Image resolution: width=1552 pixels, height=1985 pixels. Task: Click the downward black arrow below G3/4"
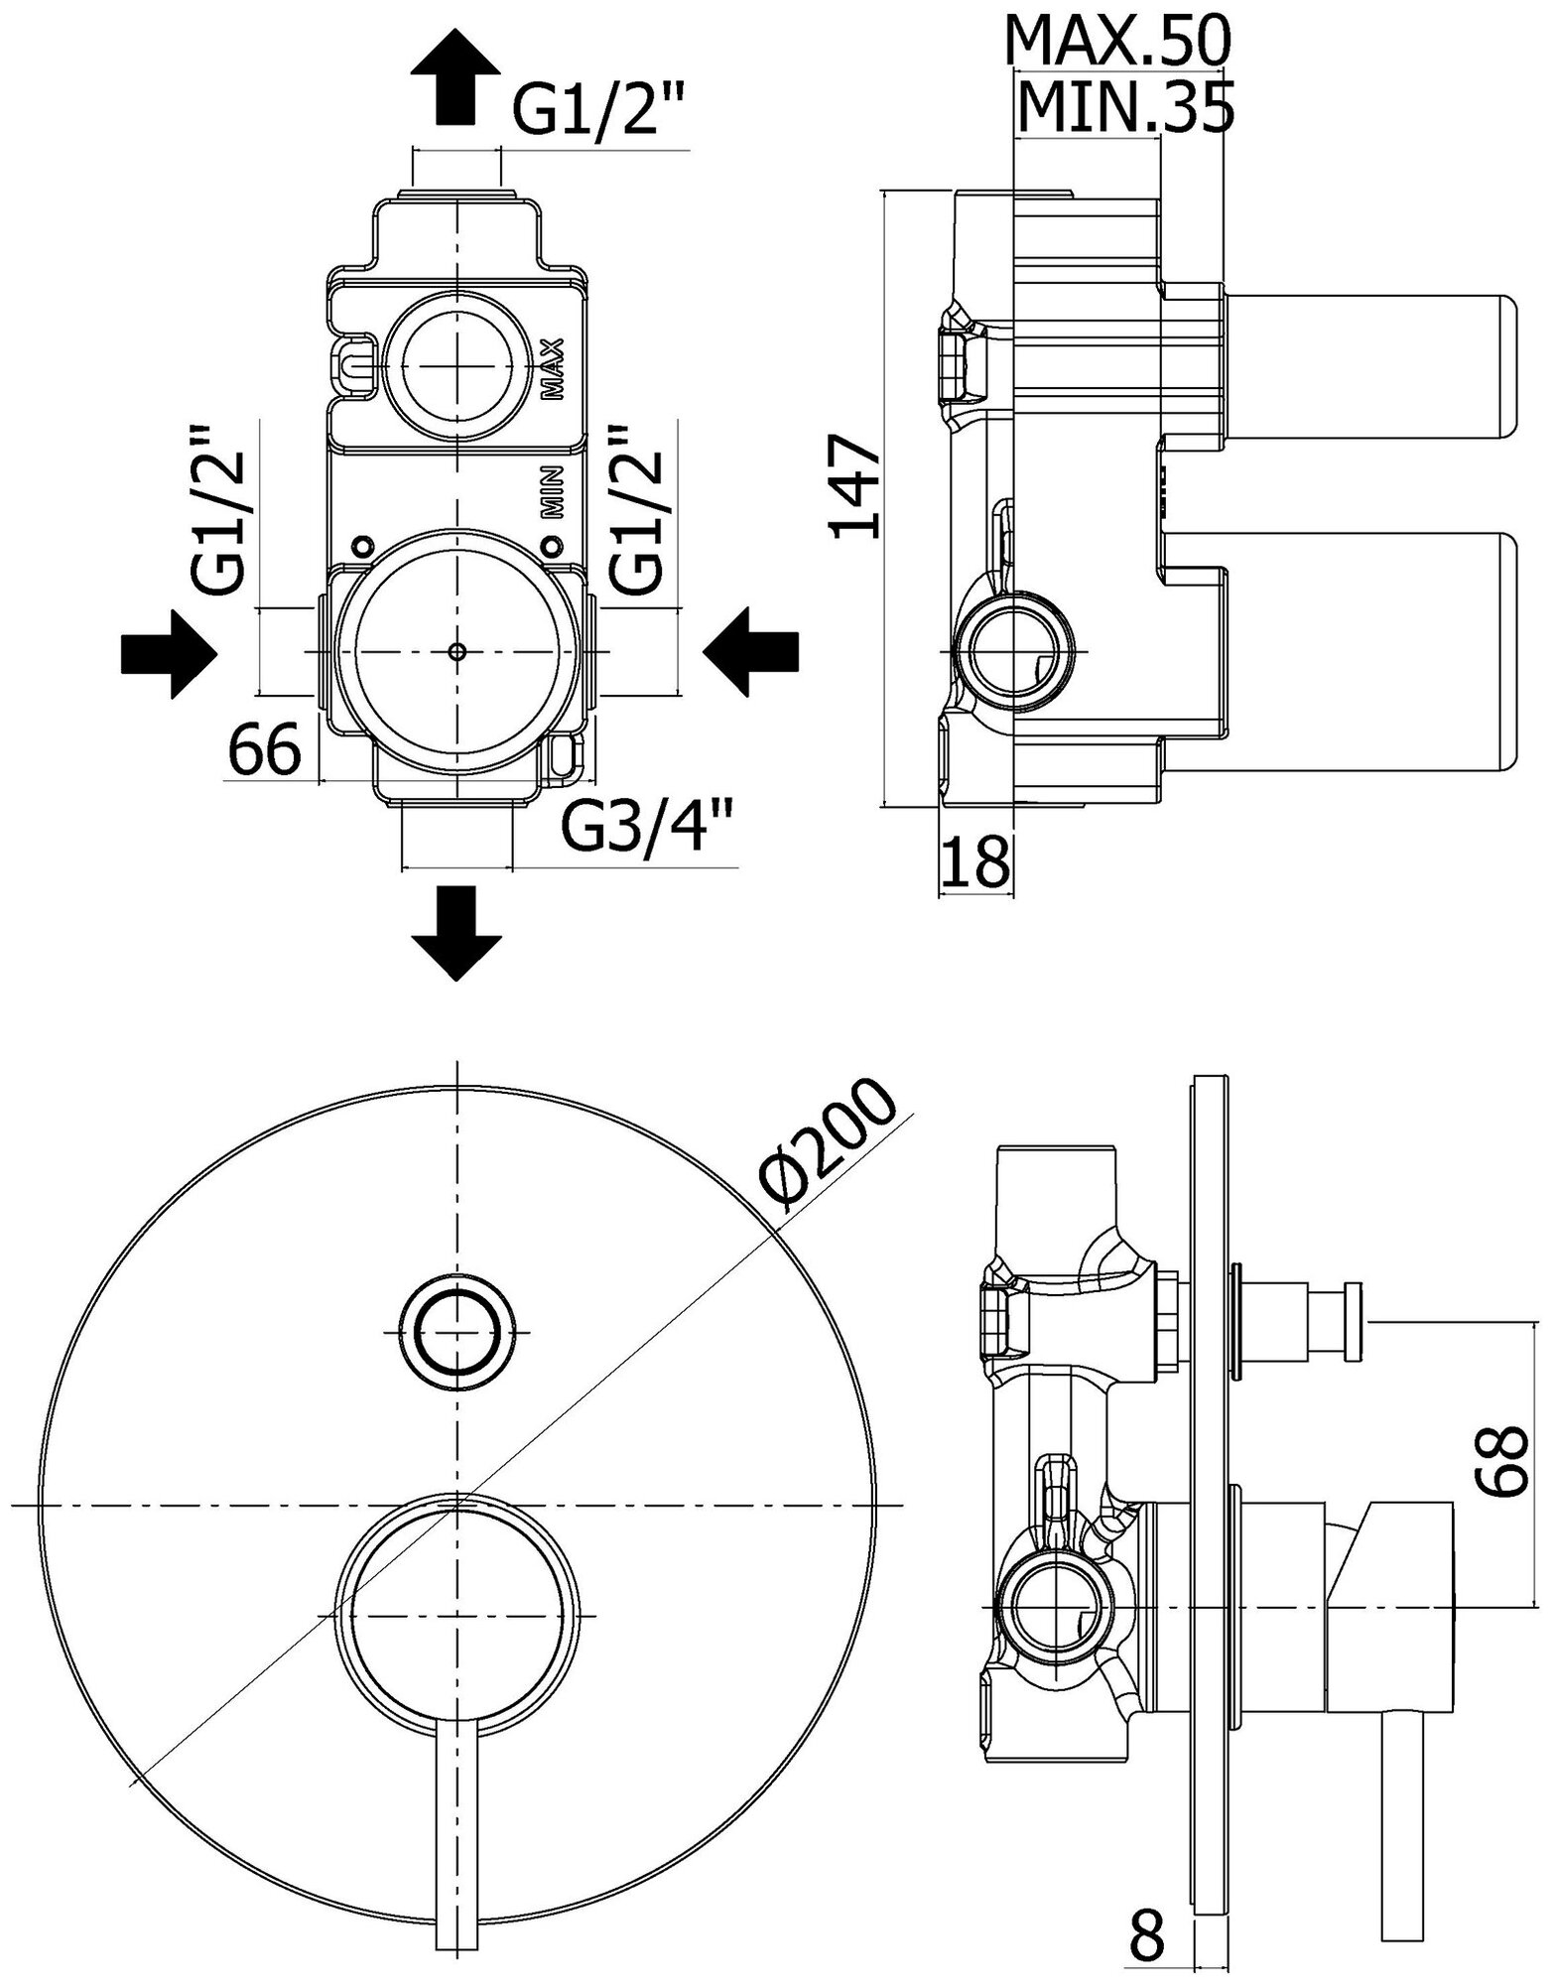455,932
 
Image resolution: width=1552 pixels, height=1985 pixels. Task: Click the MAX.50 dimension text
1118,42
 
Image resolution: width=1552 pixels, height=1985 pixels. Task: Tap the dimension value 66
265,751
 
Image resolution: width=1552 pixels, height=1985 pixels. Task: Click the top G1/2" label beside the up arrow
598,114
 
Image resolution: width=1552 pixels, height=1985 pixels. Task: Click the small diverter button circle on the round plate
457,1333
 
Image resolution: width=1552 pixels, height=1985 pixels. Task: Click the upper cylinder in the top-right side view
1369,367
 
